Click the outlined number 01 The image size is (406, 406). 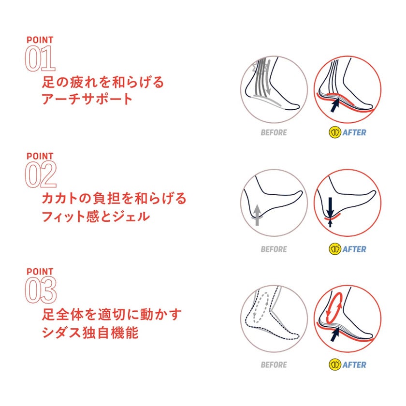pyautogui.click(x=40, y=58)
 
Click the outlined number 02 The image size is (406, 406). pyautogui.click(x=41, y=174)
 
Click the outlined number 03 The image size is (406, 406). pyautogui.click(x=41, y=290)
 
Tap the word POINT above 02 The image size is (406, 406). pyautogui.click(x=40, y=156)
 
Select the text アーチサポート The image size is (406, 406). pyautogui.click(x=87, y=99)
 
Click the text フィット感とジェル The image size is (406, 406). pyautogui.click(x=96, y=216)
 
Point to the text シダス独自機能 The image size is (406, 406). pyautogui.click(x=90, y=333)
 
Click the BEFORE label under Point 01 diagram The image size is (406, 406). pyautogui.click(x=274, y=132)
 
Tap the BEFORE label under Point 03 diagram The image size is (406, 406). pyautogui.click(x=274, y=365)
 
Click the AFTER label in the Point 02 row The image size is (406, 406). pyautogui.click(x=354, y=249)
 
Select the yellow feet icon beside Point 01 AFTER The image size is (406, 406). pyautogui.click(x=334, y=132)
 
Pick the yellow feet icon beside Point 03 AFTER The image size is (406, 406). pyautogui.click(x=334, y=364)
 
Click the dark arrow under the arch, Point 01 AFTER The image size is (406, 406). pyautogui.click(x=335, y=105)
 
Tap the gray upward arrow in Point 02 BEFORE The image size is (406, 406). pyautogui.click(x=257, y=215)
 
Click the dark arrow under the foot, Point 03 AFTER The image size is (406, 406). pyautogui.click(x=335, y=334)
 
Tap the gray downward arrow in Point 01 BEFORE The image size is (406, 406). pyautogui.click(x=269, y=77)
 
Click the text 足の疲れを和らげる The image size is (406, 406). pyautogui.click(x=103, y=82)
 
